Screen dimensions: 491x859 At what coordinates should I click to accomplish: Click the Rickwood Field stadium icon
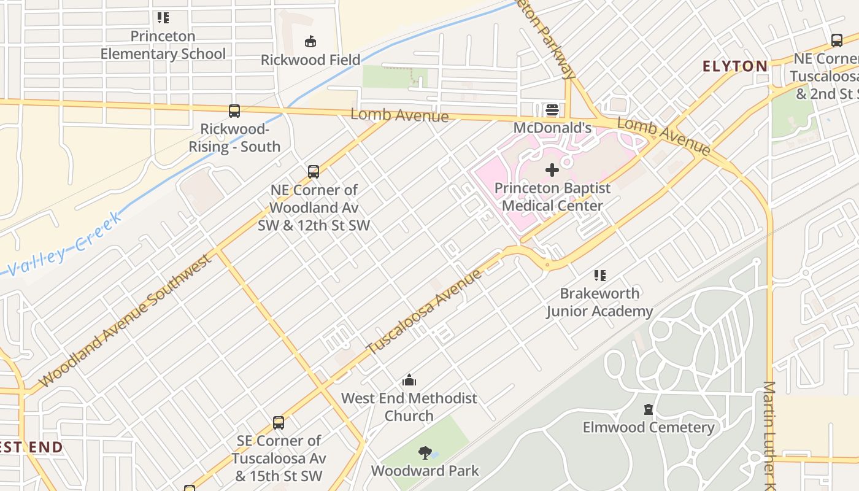311,42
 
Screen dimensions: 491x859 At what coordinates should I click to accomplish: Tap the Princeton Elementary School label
163,45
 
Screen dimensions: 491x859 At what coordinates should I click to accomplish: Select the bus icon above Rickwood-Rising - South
234,111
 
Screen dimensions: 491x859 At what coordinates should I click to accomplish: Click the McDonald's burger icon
552,110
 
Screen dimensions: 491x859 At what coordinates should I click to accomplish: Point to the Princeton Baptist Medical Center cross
552,170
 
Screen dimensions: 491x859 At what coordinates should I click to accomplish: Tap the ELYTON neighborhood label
735,66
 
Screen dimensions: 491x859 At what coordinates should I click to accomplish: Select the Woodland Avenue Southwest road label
126,320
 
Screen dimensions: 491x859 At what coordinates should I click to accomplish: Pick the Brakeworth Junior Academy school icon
599,275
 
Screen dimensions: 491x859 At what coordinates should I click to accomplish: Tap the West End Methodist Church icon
409,380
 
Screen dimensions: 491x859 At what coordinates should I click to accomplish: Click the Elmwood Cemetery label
649,427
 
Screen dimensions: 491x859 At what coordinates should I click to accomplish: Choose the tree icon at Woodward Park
425,453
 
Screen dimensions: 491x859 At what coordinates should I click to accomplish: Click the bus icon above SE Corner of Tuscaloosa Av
279,422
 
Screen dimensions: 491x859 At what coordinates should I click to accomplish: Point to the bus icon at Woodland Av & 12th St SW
314,172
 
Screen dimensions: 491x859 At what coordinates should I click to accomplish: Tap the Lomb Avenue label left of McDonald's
399,115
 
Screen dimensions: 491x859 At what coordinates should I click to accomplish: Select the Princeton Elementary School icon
163,18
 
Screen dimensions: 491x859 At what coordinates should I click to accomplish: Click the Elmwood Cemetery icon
649,409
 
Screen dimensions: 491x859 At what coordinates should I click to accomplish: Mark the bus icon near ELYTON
836,41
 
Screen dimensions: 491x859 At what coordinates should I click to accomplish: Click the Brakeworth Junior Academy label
599,302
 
